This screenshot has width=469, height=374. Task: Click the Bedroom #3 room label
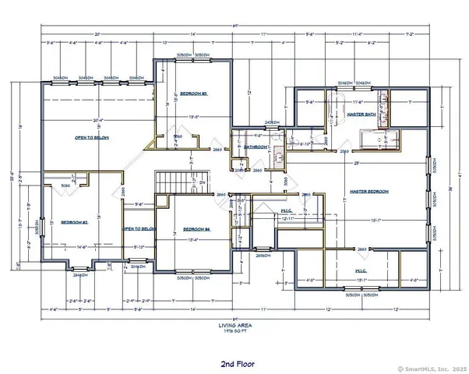[192, 93]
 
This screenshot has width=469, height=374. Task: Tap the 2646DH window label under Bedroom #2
[79, 275]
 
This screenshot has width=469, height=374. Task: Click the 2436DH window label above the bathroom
[272, 122]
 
